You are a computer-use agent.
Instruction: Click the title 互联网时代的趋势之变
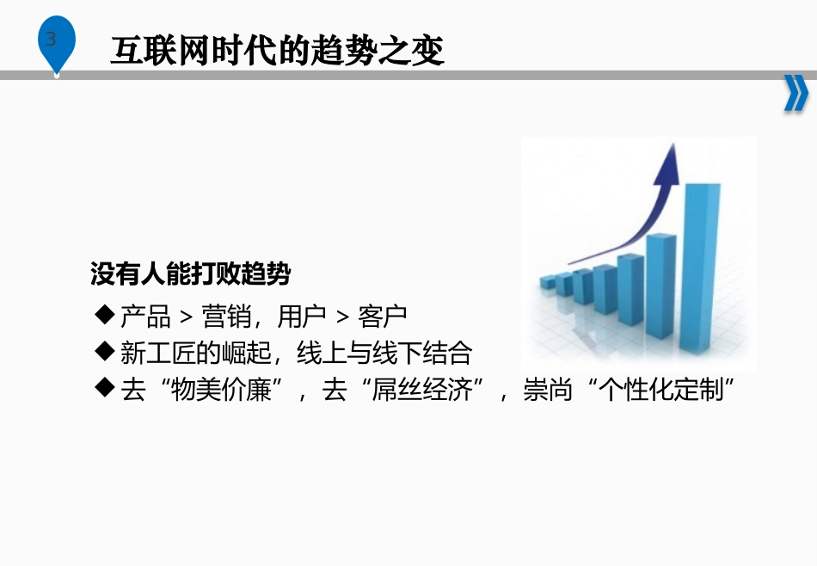(277, 52)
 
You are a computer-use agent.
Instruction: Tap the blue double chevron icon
(795, 95)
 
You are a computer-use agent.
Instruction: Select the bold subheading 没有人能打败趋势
(191, 274)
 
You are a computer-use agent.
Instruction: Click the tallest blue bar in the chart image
(700, 267)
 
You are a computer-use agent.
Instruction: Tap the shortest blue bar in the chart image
(547, 282)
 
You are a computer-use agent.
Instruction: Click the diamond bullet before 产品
(106, 315)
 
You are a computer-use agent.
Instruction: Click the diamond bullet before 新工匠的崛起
(106, 352)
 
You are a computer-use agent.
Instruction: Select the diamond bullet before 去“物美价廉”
(106, 389)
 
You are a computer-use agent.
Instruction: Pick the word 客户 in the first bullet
(383, 317)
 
